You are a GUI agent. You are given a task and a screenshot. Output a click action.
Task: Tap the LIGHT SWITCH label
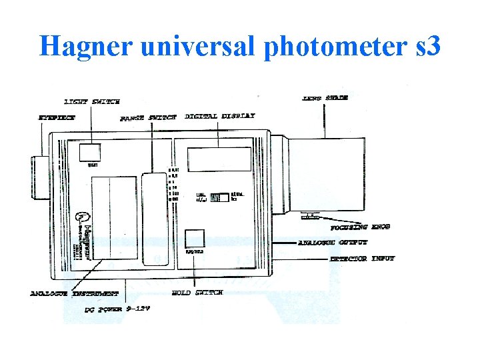point(92,102)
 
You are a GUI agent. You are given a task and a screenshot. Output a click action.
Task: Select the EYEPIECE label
point(56,117)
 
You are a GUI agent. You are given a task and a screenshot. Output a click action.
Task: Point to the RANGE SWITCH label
point(148,118)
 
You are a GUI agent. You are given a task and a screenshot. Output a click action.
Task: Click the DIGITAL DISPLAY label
point(219,116)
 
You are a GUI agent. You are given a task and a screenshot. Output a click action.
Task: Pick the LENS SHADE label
point(325,98)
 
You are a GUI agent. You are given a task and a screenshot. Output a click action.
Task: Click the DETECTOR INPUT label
point(362,258)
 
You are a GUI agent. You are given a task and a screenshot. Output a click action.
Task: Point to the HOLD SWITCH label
point(197,293)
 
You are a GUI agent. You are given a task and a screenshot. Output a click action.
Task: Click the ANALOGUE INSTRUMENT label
point(74,293)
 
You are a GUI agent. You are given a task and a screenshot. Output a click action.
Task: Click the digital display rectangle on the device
point(220,160)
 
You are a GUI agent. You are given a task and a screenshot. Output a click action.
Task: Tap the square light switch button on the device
point(90,153)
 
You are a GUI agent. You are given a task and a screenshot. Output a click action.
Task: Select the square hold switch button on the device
point(194,239)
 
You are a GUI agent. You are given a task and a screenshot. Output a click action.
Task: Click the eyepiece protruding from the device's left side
point(41,177)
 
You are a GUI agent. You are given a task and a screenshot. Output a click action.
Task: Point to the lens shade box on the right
point(327,175)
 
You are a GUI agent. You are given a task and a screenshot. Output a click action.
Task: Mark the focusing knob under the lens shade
point(309,216)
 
